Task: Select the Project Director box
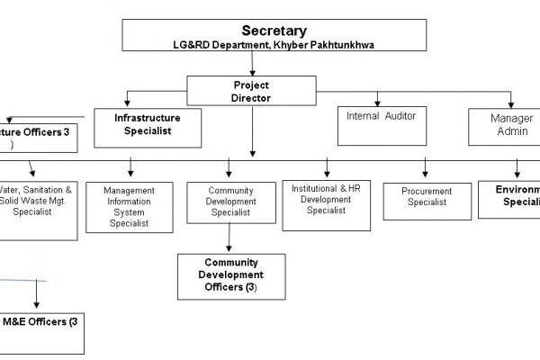251,92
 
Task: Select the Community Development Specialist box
230,202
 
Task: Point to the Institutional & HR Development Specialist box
326,203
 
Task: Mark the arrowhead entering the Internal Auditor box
379,101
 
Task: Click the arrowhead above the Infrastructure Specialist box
130,101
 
